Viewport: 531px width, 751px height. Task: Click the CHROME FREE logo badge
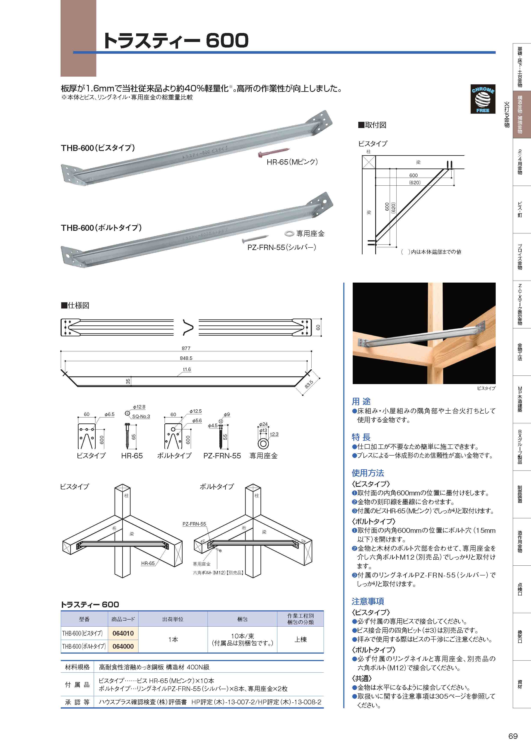pos(483,99)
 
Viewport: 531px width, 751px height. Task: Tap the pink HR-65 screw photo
pos(273,151)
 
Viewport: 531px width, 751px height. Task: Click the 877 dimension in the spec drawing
pos(186,348)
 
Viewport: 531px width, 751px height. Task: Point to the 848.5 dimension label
pos(186,358)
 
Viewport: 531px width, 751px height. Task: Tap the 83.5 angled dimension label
pos(309,384)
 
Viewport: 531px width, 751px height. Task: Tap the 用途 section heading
pos(361,401)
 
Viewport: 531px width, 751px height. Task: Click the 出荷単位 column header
pos(173,619)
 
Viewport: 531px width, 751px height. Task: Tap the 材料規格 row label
pos(77,667)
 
